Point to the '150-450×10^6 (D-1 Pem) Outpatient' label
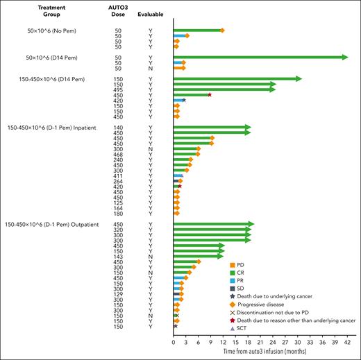tap(53, 223)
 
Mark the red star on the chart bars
tap(209, 95)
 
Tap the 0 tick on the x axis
tap(173, 343)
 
